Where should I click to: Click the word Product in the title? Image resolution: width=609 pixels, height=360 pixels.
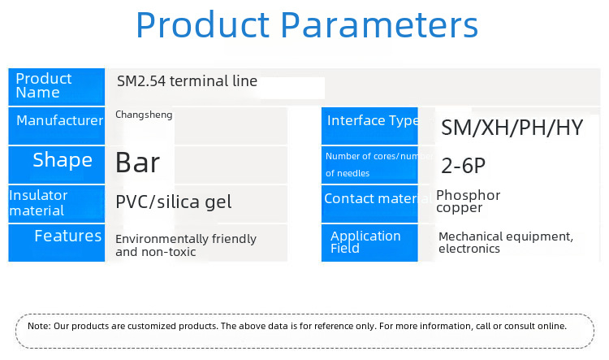pos(203,25)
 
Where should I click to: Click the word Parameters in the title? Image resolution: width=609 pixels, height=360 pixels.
pos(379,25)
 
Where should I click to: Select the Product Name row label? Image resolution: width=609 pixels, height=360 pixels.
pos(44,85)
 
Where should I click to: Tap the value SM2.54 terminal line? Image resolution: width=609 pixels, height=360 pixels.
pos(187,81)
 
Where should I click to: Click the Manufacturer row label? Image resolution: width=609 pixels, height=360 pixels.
pos(60,120)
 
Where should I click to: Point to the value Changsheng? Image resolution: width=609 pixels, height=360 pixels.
pos(144,115)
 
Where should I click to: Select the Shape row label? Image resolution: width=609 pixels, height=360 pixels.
pos(63,160)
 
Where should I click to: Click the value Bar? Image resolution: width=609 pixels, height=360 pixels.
pos(137,163)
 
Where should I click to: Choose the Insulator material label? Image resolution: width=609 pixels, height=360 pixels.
pos(38,203)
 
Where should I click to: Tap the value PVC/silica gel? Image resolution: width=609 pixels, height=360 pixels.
pos(174,202)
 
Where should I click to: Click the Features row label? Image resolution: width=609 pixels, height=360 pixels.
pos(68,236)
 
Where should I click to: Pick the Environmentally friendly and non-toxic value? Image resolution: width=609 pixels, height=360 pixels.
pos(186,245)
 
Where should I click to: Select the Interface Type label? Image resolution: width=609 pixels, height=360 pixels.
pos(373,121)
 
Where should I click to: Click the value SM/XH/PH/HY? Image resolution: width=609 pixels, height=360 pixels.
pos(512,128)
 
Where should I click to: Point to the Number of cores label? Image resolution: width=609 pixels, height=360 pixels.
pos(379,164)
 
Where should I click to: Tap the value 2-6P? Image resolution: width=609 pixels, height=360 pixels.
pos(464,166)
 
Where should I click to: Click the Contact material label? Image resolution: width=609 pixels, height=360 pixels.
pos(378,198)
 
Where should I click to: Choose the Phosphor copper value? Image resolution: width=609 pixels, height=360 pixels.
pos(469,202)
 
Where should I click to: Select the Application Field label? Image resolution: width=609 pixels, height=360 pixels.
pos(365,242)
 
